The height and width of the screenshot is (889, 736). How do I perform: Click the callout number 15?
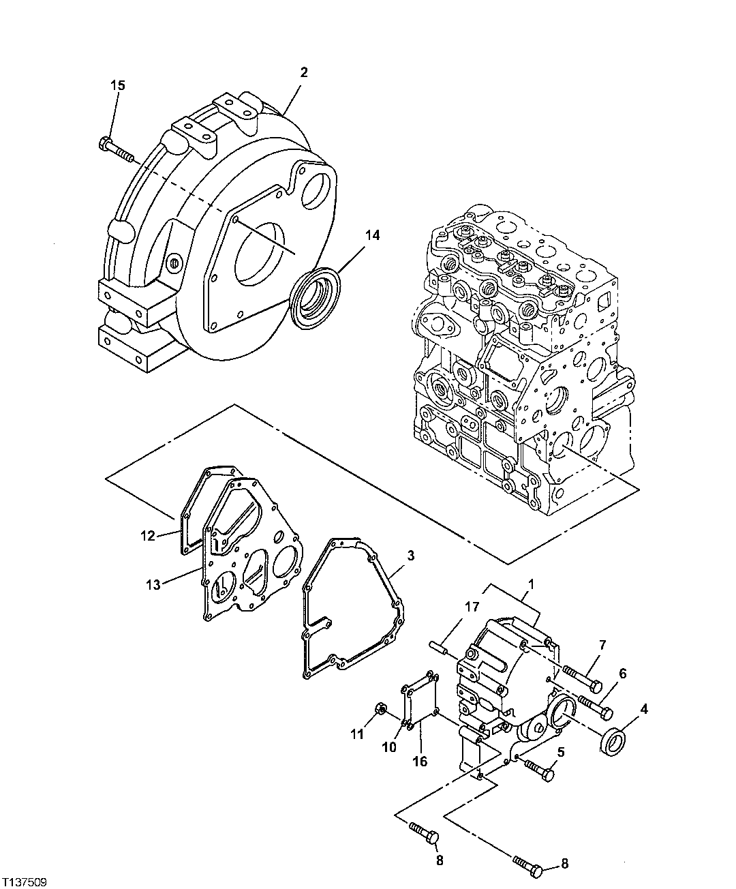pyautogui.click(x=118, y=85)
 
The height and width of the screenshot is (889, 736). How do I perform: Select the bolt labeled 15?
pyautogui.click(x=117, y=150)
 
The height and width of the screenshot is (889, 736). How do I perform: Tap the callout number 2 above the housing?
pyautogui.click(x=304, y=72)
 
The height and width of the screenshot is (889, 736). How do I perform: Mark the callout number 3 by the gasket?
pyautogui.click(x=410, y=556)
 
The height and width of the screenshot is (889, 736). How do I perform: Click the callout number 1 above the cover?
pyautogui.click(x=532, y=584)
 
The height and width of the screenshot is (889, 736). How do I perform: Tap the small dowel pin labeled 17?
pyautogui.click(x=438, y=646)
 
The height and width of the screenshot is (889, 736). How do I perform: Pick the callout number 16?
pyautogui.click(x=420, y=760)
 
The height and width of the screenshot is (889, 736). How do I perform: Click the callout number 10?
pyautogui.click(x=388, y=747)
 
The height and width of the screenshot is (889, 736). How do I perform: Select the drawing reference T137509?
pyautogui.click(x=25, y=882)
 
